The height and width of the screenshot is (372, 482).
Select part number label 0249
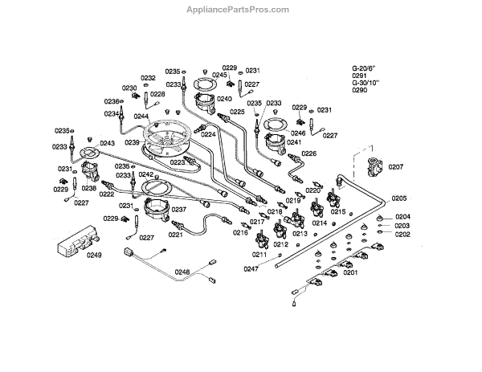pos(95,255)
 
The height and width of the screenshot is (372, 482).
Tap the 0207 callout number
pos(395,167)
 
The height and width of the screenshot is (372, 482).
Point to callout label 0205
pos(400,198)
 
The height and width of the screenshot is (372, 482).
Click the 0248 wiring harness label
pos(182,272)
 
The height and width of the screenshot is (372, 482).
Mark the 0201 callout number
pos(350,272)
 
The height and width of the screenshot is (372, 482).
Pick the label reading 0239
pos(133,143)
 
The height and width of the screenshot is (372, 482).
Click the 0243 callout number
pos(108,143)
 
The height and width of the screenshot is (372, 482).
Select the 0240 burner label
pos(224,99)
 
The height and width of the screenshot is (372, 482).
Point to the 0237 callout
pos(178,209)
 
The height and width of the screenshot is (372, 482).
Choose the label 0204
pos(402,216)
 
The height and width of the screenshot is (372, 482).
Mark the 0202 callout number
pos(402,234)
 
